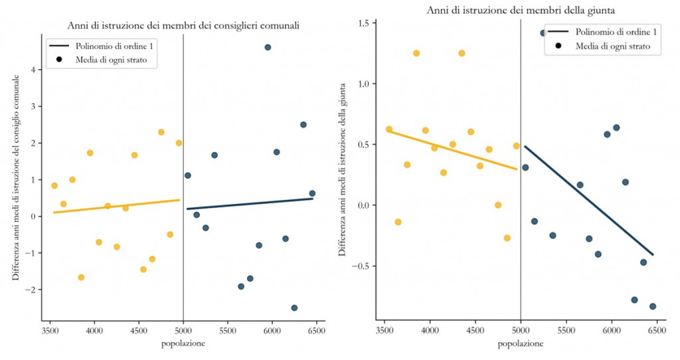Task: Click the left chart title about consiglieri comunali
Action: coord(183,25)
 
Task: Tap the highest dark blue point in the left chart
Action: coord(268,47)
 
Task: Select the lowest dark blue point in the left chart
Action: coord(294,308)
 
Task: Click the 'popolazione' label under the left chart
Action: coord(183,343)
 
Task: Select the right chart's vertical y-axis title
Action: coord(343,169)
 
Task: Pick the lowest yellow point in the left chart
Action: coord(81,277)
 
